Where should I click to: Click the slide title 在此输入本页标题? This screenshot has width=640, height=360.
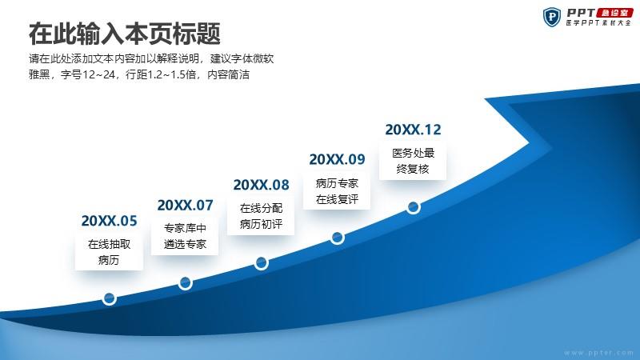point(125,34)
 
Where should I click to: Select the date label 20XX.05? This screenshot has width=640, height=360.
point(109,221)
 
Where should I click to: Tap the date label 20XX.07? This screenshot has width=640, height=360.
point(185,206)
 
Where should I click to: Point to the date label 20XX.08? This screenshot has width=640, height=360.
point(261,185)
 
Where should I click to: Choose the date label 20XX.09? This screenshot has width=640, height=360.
point(337,159)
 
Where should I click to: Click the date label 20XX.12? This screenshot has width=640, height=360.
point(413,130)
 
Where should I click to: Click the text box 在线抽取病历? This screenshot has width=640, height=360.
point(109,252)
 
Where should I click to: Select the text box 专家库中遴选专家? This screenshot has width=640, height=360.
point(185,236)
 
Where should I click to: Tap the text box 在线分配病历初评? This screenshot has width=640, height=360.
point(261,216)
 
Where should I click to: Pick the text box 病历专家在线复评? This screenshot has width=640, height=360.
point(337,191)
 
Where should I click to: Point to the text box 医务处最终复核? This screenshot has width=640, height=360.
point(413,161)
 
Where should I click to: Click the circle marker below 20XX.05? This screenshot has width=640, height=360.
point(110,298)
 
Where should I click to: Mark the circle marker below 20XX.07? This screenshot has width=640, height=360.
point(186,283)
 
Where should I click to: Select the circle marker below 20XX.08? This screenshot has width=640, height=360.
point(262,263)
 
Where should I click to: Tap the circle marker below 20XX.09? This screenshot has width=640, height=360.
point(337,238)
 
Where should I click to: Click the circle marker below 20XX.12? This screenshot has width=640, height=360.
point(413,207)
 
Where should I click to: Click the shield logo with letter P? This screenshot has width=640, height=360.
point(552,17)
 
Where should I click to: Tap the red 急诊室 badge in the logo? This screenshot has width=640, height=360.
point(614,13)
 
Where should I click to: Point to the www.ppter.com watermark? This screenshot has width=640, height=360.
point(598,353)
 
